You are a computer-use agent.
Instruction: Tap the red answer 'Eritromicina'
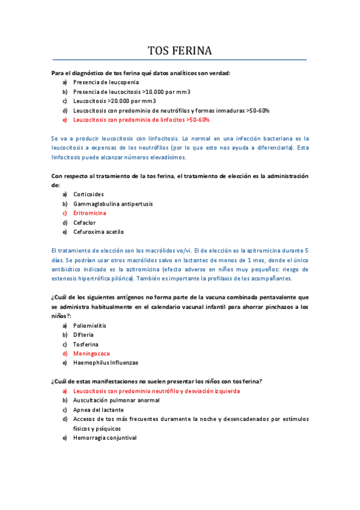coord(90,213)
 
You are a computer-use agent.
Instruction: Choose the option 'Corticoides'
coord(88,194)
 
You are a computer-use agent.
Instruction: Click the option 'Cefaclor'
coord(85,223)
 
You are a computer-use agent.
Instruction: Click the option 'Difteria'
coord(84,334)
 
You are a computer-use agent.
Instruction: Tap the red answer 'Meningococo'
coord(91,354)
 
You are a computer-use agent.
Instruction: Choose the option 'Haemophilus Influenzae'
coord(106,363)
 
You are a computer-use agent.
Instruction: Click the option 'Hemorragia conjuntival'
coord(105,438)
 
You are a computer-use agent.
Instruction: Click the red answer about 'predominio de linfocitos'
coord(141,120)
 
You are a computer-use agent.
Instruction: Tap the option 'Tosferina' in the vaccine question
coord(86,344)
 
